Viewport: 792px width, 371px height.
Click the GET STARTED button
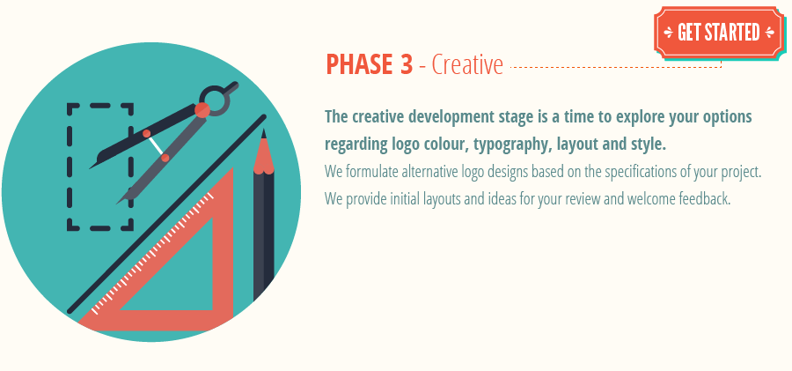pyautogui.click(x=720, y=33)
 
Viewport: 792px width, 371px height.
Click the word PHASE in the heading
pyautogui.click(x=359, y=65)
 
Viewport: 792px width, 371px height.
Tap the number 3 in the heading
pyautogui.click(x=406, y=65)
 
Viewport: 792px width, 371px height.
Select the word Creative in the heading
pyautogui.click(x=467, y=65)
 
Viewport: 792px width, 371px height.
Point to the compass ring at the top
pyautogui.click(x=216, y=100)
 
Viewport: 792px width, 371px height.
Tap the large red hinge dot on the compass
pyautogui.click(x=202, y=110)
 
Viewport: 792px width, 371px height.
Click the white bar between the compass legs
pyautogui.click(x=156, y=145)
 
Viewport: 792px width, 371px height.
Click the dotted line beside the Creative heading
pyautogui.click(x=616, y=66)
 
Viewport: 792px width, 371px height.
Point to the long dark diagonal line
pyautogui.click(x=166, y=214)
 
